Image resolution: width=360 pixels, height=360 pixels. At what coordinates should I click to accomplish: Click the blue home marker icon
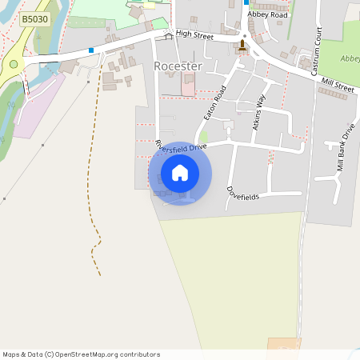(180, 173)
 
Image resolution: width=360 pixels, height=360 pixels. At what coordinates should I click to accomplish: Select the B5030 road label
(34, 18)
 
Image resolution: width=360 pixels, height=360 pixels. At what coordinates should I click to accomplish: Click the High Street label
(196, 34)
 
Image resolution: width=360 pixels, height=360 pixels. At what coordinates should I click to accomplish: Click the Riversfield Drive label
(182, 146)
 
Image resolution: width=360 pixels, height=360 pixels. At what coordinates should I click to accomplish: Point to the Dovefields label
(243, 193)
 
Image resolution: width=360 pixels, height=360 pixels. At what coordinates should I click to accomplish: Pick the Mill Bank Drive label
(346, 149)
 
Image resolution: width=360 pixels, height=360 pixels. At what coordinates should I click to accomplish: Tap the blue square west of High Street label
(92, 50)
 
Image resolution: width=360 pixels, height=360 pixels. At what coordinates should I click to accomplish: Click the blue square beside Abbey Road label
(246, 2)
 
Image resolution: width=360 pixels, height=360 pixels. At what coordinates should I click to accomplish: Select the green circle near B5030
(14, 64)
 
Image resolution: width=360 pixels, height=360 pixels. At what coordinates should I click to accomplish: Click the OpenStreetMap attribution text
(81, 354)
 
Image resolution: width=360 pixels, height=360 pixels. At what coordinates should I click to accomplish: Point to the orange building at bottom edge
(283, 344)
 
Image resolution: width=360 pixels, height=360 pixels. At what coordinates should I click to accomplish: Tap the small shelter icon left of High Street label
(168, 35)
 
